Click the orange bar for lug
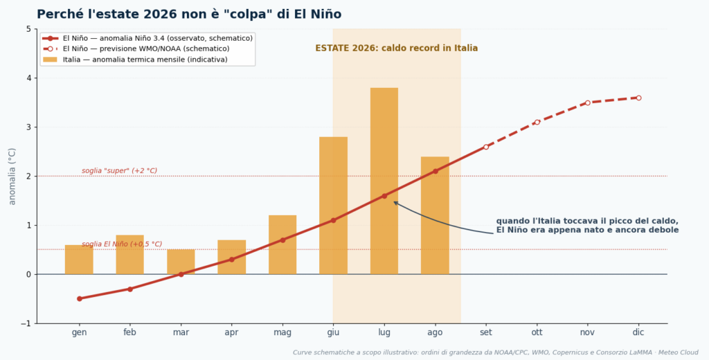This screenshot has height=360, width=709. [x=384, y=181]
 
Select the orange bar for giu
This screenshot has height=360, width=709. [x=333, y=206]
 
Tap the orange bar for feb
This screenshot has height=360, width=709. [x=129, y=255]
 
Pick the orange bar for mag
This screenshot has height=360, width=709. [x=282, y=244]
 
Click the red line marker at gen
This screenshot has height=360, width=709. [x=80, y=298]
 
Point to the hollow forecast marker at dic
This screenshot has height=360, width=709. [x=638, y=98]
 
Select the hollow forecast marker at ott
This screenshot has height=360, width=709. [x=537, y=122]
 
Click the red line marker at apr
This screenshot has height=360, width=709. [x=231, y=260]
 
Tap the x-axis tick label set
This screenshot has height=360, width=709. [x=486, y=332]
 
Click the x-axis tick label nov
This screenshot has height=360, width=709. [x=587, y=332]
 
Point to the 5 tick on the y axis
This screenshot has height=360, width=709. [x=28, y=29]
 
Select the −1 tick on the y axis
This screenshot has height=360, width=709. [x=26, y=323]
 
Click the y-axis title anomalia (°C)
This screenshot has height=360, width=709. [x=12, y=177]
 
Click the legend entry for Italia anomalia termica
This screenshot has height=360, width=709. [x=136, y=60]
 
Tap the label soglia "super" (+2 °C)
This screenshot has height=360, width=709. [x=119, y=170]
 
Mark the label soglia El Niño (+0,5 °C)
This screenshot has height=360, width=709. [x=122, y=244]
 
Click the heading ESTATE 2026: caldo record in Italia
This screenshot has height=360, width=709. [x=397, y=48]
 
